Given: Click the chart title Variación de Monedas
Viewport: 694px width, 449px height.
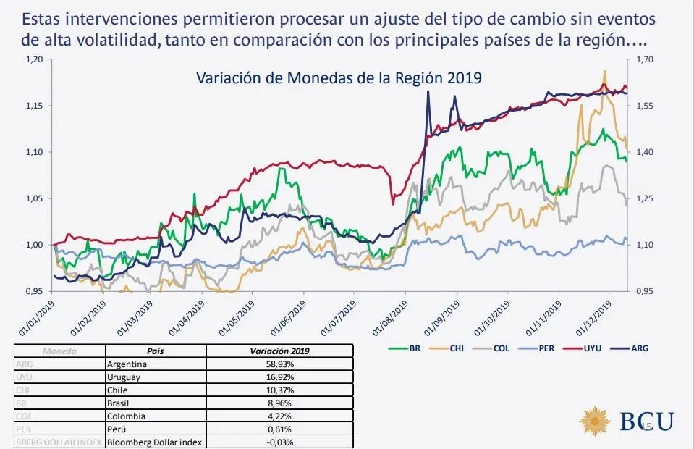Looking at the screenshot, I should click(x=339, y=77).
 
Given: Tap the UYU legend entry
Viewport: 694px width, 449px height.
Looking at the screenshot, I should click(x=601, y=348).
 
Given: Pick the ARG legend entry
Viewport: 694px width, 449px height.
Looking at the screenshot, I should click(x=640, y=348).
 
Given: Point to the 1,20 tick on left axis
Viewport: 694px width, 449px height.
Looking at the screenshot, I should click(x=33, y=59).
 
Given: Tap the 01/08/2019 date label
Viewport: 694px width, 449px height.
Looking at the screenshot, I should click(x=392, y=316).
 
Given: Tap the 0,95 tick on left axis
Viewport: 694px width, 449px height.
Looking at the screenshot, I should click(x=33, y=291).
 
